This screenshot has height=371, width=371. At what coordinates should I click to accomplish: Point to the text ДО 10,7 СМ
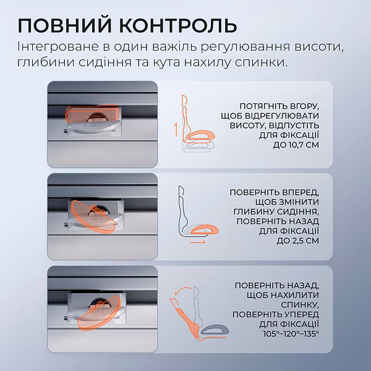coord(296,146)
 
